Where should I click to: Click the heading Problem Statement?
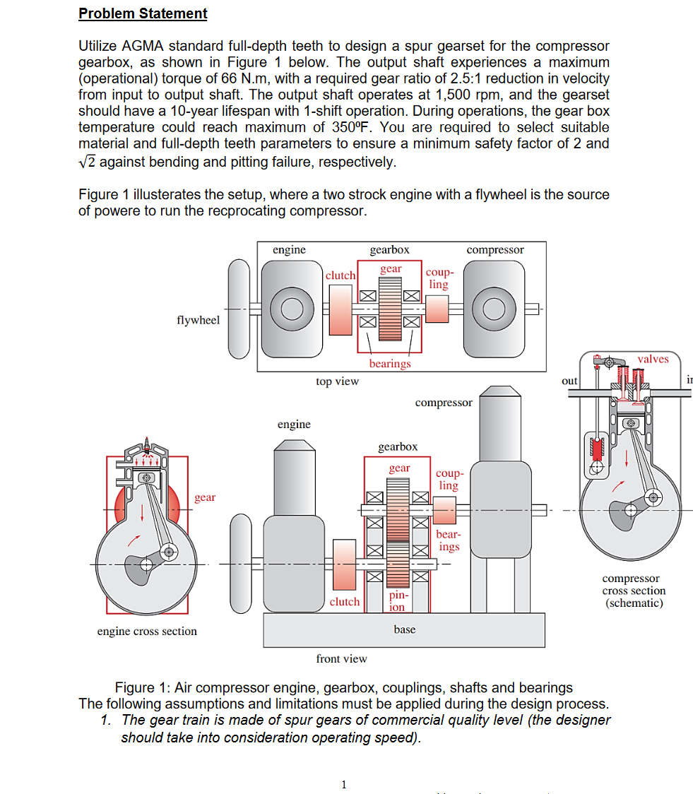click(x=143, y=13)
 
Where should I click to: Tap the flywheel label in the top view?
click(x=198, y=320)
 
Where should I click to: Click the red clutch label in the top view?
click(x=340, y=275)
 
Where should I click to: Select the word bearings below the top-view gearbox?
click(x=390, y=364)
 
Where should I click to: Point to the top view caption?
click(x=337, y=381)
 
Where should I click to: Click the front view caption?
click(x=341, y=659)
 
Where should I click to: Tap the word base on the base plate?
click(x=405, y=629)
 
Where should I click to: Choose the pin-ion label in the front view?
click(x=398, y=600)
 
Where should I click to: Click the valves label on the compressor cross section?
click(x=653, y=359)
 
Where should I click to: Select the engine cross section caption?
click(x=147, y=631)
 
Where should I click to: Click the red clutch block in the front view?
click(x=344, y=564)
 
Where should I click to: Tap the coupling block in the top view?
click(x=437, y=309)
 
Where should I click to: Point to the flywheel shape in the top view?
click(x=239, y=309)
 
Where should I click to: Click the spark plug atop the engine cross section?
click(x=147, y=444)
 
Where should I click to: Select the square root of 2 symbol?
click(x=87, y=162)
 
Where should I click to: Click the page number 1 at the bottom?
click(x=344, y=784)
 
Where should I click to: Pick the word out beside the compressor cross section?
click(x=569, y=381)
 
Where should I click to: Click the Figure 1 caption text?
click(x=344, y=687)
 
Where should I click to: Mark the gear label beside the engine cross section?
click(x=205, y=497)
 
